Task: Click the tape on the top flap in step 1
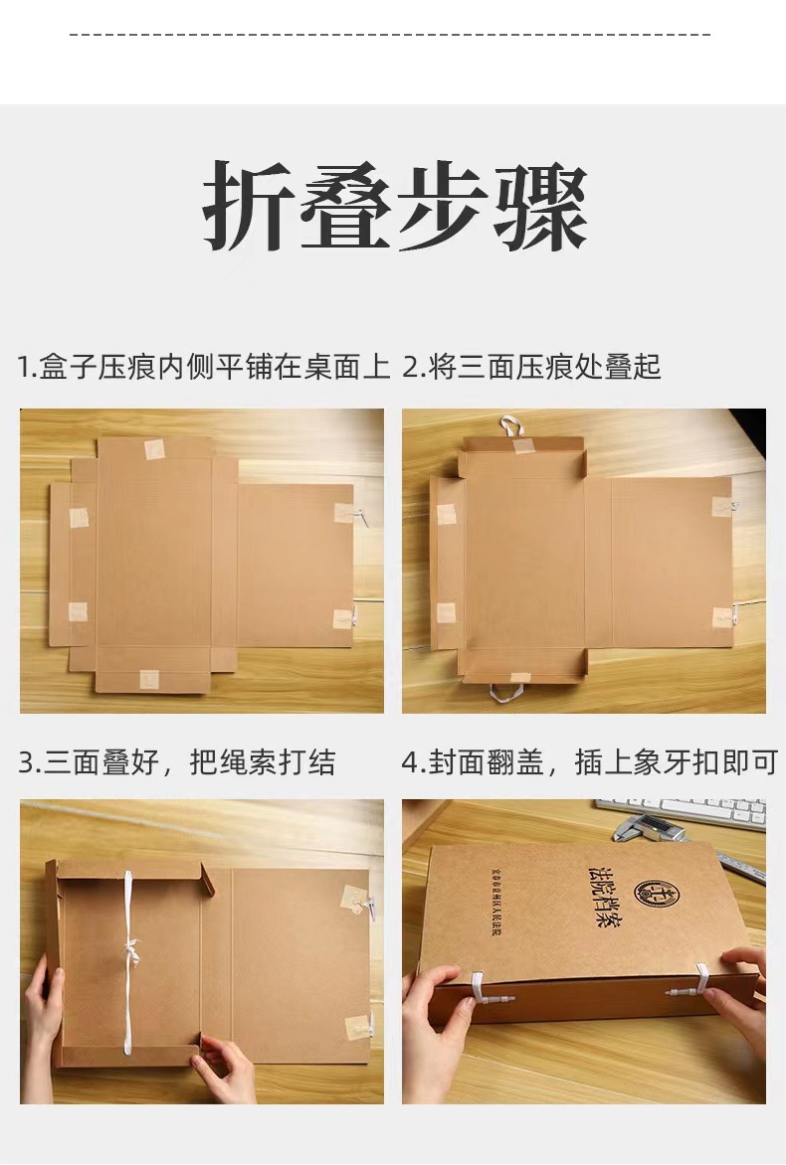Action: tap(154, 449)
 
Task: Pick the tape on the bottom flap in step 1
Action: tap(149, 679)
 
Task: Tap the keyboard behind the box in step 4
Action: tap(687, 810)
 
